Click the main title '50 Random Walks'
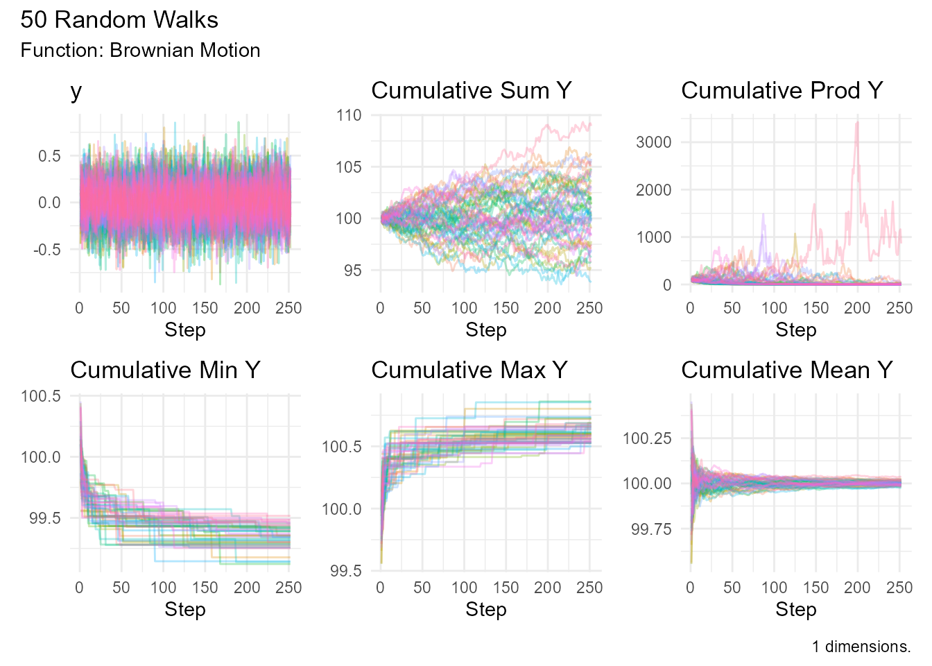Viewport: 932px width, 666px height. (x=119, y=20)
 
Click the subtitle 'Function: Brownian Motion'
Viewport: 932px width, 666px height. (x=140, y=51)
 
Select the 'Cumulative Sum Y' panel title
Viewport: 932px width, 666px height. (x=471, y=91)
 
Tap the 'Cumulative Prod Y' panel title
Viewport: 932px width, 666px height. (x=782, y=91)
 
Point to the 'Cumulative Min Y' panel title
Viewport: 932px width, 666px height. (x=165, y=370)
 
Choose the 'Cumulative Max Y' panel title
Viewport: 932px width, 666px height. (x=469, y=370)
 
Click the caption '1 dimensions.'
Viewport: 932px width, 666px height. (x=861, y=647)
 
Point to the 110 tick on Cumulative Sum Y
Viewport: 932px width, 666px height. (x=349, y=115)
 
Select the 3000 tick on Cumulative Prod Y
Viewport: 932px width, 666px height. (x=653, y=142)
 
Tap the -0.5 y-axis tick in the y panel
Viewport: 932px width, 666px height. (x=47, y=250)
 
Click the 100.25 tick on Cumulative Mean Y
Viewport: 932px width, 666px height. (x=647, y=438)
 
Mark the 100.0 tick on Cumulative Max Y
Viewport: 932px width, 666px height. (x=341, y=509)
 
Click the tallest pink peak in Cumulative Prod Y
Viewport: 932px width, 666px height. (x=858, y=123)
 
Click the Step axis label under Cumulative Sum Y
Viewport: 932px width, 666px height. (x=485, y=330)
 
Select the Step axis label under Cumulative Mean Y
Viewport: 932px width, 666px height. (x=795, y=610)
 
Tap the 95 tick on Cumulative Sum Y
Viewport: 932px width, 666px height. (x=352, y=271)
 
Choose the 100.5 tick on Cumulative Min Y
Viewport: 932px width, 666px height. (x=41, y=396)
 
